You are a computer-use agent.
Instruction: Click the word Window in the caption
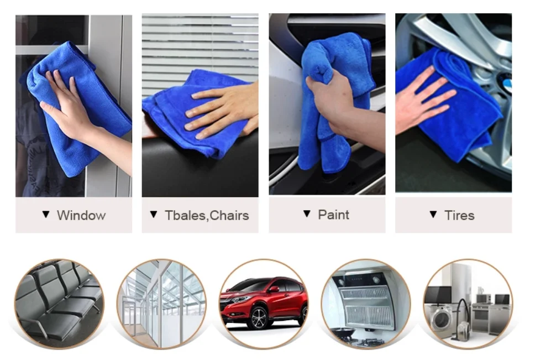[x=81, y=215]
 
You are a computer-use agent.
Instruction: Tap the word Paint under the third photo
[x=333, y=215]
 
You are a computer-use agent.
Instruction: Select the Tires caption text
[x=459, y=215]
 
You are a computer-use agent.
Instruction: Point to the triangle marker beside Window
[x=46, y=215]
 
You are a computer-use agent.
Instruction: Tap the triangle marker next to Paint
[x=307, y=214]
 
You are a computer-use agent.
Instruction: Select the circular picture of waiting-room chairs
[x=59, y=303]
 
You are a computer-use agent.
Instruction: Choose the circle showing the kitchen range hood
[x=365, y=303]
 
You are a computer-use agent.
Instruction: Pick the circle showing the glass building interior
[x=161, y=303]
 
